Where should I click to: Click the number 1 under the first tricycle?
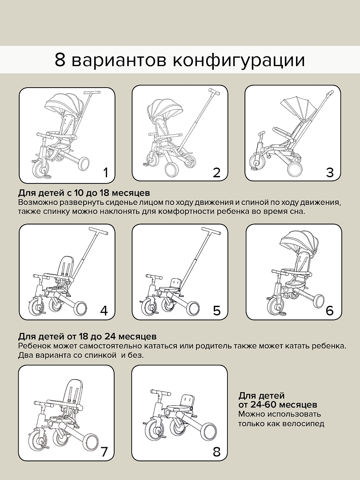(105, 172)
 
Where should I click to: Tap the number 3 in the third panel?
(329, 172)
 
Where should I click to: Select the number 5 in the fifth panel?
(216, 310)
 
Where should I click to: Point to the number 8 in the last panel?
(216, 452)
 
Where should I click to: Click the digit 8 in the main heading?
(60, 60)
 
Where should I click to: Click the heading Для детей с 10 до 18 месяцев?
(84, 193)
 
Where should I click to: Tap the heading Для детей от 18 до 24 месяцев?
(87, 336)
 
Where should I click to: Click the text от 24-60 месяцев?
(277, 405)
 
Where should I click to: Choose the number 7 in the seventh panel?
(104, 452)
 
